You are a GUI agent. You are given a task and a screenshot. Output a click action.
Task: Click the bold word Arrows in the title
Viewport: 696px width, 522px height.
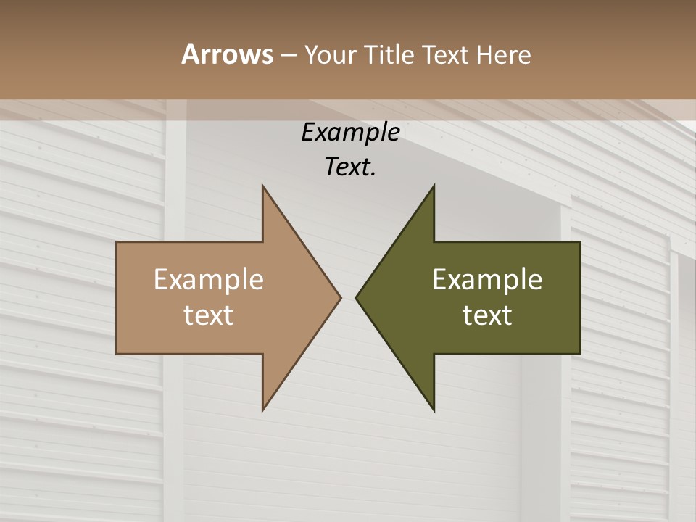tap(226, 54)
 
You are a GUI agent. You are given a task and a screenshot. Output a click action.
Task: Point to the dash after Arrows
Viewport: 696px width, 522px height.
tap(288, 55)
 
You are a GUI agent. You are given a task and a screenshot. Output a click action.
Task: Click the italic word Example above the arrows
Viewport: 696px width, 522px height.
tap(350, 132)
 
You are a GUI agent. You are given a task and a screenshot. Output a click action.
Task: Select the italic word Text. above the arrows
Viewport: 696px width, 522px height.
tap(350, 167)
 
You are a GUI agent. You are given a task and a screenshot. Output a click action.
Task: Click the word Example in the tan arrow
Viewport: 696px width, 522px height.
tap(209, 280)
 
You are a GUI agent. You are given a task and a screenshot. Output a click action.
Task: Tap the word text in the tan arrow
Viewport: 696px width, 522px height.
tap(209, 315)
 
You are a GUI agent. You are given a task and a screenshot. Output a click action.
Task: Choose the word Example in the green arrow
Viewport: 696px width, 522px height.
tap(487, 280)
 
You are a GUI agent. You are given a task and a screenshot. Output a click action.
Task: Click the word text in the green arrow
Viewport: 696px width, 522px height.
tap(487, 315)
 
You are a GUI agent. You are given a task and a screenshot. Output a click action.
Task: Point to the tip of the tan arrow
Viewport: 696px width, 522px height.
tap(341, 297)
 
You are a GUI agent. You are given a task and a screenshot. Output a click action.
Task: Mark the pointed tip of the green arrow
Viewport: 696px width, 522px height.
tap(356, 297)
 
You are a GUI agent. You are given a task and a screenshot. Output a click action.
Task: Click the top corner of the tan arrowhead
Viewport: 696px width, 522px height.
tap(262, 186)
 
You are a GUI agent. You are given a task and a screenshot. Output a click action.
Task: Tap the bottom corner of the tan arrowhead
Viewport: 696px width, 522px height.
tap(262, 410)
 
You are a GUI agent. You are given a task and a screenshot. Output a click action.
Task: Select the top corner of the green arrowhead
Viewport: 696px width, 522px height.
tap(434, 186)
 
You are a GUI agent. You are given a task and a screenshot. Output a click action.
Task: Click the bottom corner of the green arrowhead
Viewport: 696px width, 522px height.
tap(434, 410)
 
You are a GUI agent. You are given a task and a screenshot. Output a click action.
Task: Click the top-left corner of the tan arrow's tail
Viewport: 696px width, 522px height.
tap(117, 242)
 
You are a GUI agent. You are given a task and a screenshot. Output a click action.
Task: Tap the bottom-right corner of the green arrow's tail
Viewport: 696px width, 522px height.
tap(580, 353)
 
